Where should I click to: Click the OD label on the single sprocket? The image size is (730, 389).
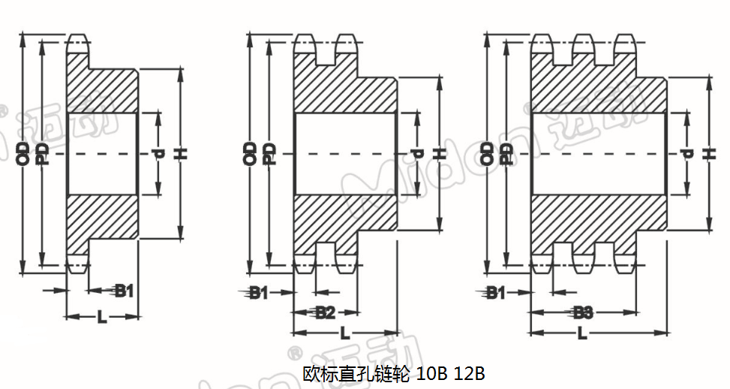[23, 153]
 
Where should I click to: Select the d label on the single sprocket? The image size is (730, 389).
[158, 154]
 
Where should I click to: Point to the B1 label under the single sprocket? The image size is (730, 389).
[124, 291]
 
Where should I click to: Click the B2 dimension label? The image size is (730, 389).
[325, 313]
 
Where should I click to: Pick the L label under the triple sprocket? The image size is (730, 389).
[583, 333]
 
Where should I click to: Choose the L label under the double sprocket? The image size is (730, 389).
[344, 333]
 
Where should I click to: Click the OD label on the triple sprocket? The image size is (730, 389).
[488, 153]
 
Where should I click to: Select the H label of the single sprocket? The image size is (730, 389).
[180, 154]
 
